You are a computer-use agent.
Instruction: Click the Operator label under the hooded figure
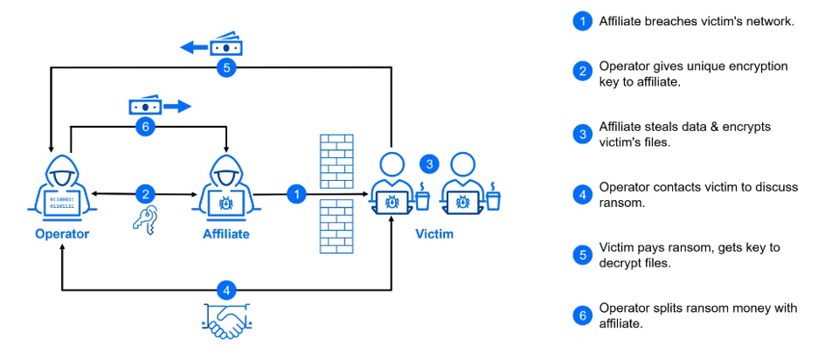coord(62,234)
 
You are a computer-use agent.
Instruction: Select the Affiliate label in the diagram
coord(226,234)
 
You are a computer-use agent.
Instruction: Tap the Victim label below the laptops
coord(434,234)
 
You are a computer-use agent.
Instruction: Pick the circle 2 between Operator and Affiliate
coord(145,195)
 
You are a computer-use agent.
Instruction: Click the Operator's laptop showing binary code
coord(62,203)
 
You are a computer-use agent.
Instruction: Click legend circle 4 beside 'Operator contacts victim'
coord(582,195)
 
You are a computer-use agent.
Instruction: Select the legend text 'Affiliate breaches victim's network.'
coord(696,21)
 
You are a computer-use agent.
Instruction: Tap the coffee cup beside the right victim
coord(494,198)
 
